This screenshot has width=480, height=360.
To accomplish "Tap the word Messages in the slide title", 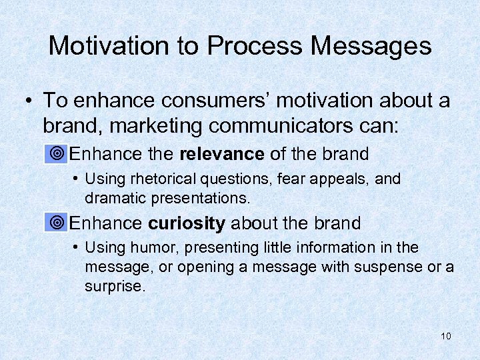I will pos(379,46).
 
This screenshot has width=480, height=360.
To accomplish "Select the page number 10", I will pos(446,336).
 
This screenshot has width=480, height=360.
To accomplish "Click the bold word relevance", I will pos(222,154).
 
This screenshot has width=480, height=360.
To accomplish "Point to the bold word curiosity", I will pos(187,223).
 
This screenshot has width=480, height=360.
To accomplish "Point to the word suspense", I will pos(399,267).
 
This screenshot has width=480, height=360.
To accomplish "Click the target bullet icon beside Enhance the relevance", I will pos(58,154).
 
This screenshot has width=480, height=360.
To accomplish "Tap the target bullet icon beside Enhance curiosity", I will pos(58,223).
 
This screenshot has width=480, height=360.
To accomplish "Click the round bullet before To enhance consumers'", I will pos(29,101).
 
